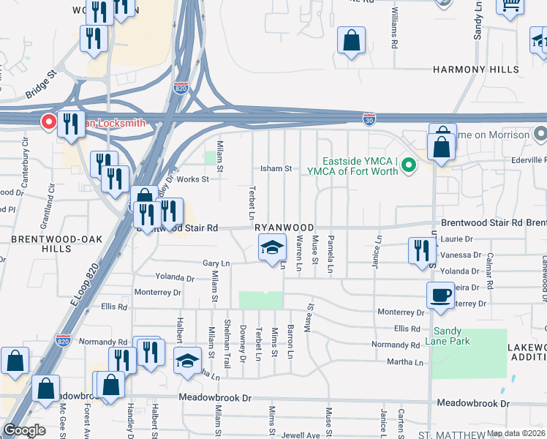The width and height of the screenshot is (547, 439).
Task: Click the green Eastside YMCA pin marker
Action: pyautogui.click(x=410, y=166)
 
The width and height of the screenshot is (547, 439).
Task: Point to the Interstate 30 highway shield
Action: pyautogui.click(x=370, y=119)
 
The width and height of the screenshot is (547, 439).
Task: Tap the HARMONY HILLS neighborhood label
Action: pyautogui.click(x=475, y=70)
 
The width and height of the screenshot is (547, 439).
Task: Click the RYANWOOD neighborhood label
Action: pyautogui.click(x=284, y=228)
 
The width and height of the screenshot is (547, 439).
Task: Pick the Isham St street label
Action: pyautogui.click(x=277, y=168)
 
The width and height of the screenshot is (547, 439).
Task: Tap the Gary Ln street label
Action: pyautogui.click(x=216, y=263)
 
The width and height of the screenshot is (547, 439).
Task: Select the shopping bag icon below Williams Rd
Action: pyautogui.click(x=352, y=42)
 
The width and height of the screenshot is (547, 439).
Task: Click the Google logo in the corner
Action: pyautogui.click(x=24, y=430)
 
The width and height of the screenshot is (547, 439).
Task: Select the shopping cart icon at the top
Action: pyautogui.click(x=510, y=4)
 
